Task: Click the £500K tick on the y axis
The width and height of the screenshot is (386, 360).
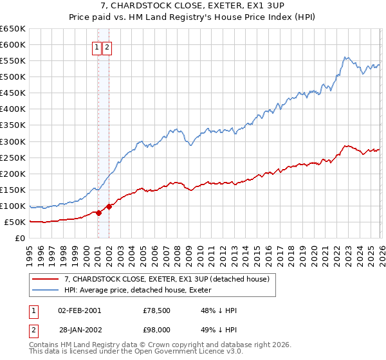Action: [12, 77]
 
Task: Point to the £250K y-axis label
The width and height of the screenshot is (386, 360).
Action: [12, 157]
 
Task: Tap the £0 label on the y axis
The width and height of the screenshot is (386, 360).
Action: [19, 239]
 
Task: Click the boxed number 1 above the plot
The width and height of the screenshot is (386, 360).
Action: [96, 47]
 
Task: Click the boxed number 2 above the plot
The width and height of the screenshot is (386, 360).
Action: [107, 47]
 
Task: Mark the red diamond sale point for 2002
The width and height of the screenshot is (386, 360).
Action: [109, 206]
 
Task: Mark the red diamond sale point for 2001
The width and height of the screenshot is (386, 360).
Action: [98, 213]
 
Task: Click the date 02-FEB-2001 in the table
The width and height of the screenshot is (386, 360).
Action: [79, 310]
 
